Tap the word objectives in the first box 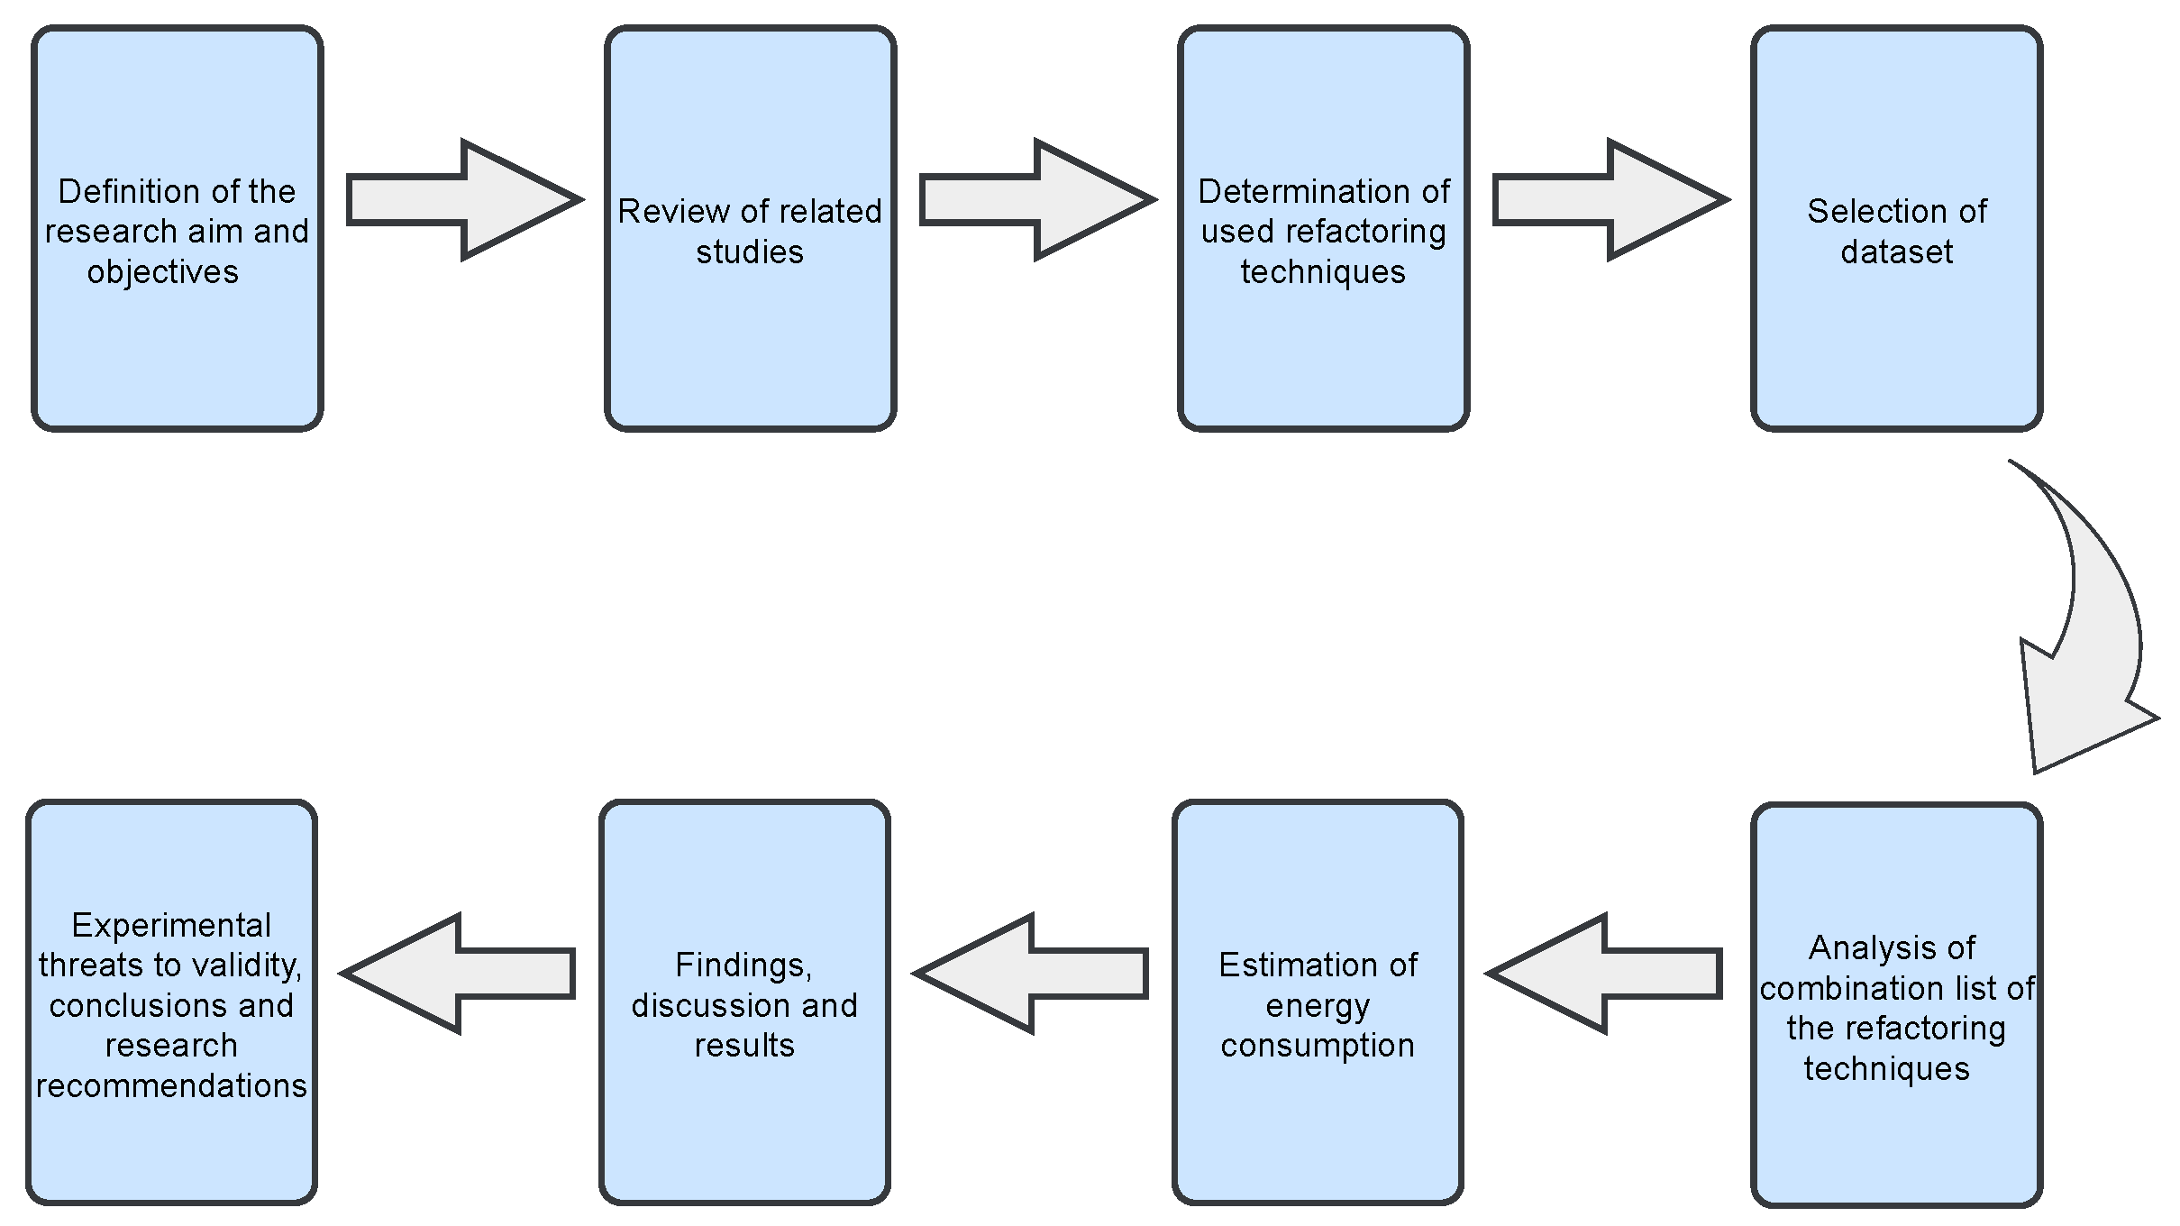pos(163,271)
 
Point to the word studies pos(749,252)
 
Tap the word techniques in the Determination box pos(1322,271)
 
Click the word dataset pos(1896,252)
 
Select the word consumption pos(1317,1045)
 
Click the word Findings pos(743,965)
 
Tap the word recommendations pos(171,1085)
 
